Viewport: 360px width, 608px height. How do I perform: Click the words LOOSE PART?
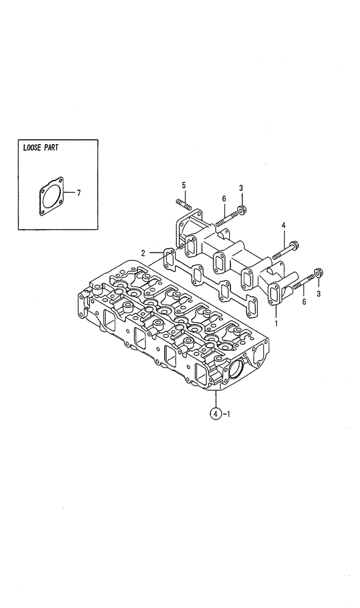tap(40, 148)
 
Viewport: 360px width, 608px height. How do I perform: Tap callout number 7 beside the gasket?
tap(78, 193)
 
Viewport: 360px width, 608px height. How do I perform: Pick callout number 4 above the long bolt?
tap(283, 226)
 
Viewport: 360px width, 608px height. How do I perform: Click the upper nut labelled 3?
tap(242, 210)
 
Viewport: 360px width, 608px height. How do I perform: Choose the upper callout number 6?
tap(224, 199)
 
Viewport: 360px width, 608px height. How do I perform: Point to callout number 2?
tap(143, 252)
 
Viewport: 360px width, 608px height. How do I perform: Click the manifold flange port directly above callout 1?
tap(275, 293)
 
